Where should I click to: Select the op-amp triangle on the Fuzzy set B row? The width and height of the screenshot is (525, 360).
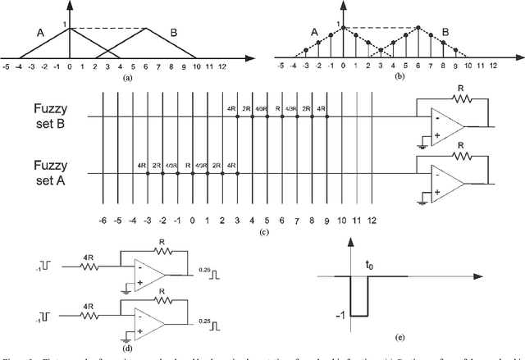click(450, 125)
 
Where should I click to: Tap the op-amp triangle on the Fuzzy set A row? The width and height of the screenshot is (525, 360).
click(450, 182)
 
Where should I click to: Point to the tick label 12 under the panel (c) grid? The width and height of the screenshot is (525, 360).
click(372, 221)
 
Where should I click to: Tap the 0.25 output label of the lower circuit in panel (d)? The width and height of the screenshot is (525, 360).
click(208, 311)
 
